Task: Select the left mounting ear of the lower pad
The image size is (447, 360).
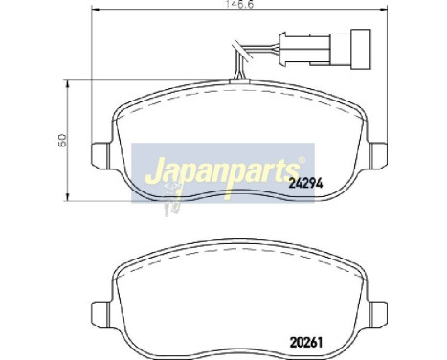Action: [x=99, y=312]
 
